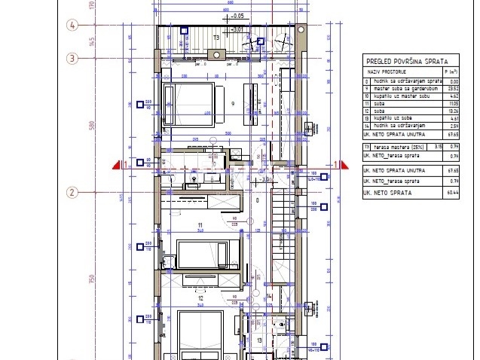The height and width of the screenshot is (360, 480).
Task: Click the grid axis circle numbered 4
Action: pos(73,25)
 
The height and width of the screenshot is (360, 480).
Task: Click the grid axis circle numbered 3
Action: pos(73,57)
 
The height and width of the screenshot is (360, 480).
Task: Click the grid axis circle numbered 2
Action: pos(73,192)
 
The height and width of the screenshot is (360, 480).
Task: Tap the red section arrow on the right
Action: pos(340,164)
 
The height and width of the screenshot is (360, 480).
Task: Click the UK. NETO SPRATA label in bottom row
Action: pos(387,193)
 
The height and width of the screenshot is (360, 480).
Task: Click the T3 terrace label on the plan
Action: pos(216,36)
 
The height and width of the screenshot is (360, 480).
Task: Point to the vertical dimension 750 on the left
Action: pos(90,279)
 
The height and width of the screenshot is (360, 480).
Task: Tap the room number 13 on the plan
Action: pos(260,340)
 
